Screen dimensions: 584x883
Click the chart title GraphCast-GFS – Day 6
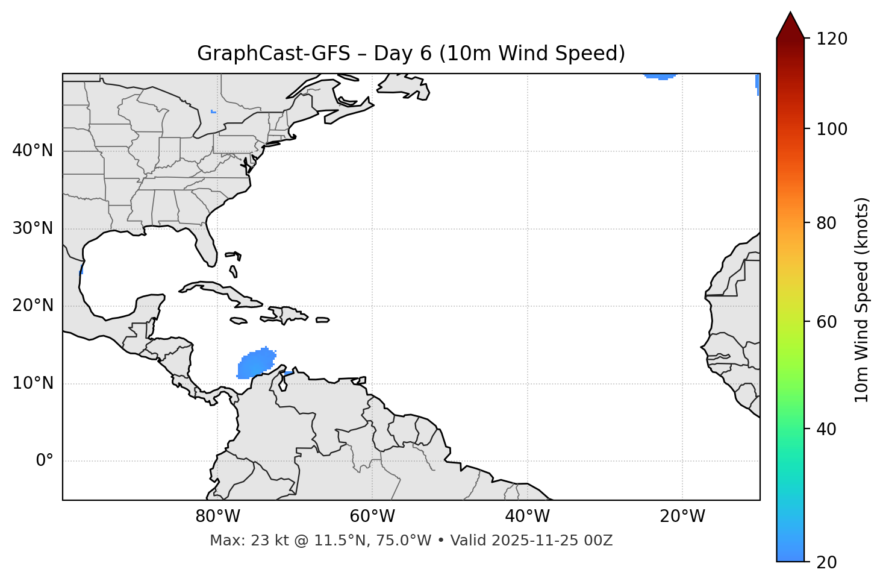pyautogui.click(x=411, y=54)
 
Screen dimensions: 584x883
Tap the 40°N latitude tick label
pyautogui.click(x=33, y=151)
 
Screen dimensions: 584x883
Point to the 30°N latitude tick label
pyautogui.click(x=33, y=228)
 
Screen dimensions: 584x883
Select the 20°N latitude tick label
pyautogui.click(x=33, y=306)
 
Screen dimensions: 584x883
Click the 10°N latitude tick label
pyautogui.click(x=33, y=383)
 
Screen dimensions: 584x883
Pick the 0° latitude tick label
pyautogui.click(x=45, y=461)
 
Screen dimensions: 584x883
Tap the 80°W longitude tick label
pyautogui.click(x=217, y=516)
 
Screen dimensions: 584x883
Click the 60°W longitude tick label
pyautogui.click(x=372, y=516)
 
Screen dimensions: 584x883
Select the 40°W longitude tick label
pyautogui.click(x=527, y=516)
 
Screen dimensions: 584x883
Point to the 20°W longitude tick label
pyautogui.click(x=682, y=516)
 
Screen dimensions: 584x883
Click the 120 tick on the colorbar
pyautogui.click(x=831, y=39)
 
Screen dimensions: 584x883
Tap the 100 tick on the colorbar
pyautogui.click(x=831, y=129)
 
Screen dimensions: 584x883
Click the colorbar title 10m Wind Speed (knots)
pyautogui.click(x=862, y=300)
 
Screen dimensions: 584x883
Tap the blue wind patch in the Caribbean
pyautogui.click(x=257, y=364)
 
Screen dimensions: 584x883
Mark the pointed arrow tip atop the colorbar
pyautogui.click(x=790, y=14)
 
